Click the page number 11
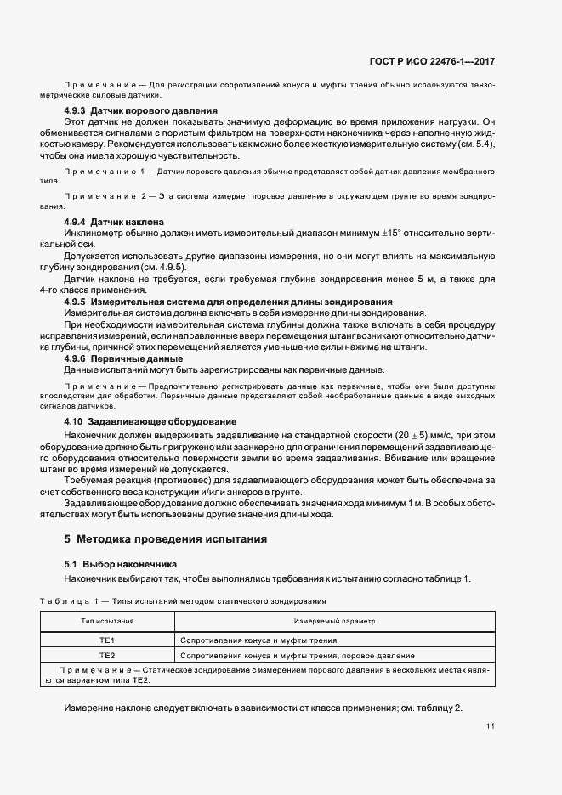click(491, 726)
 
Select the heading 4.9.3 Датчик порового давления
click(140, 111)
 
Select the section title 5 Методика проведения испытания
click(166, 538)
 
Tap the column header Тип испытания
click(108, 622)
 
